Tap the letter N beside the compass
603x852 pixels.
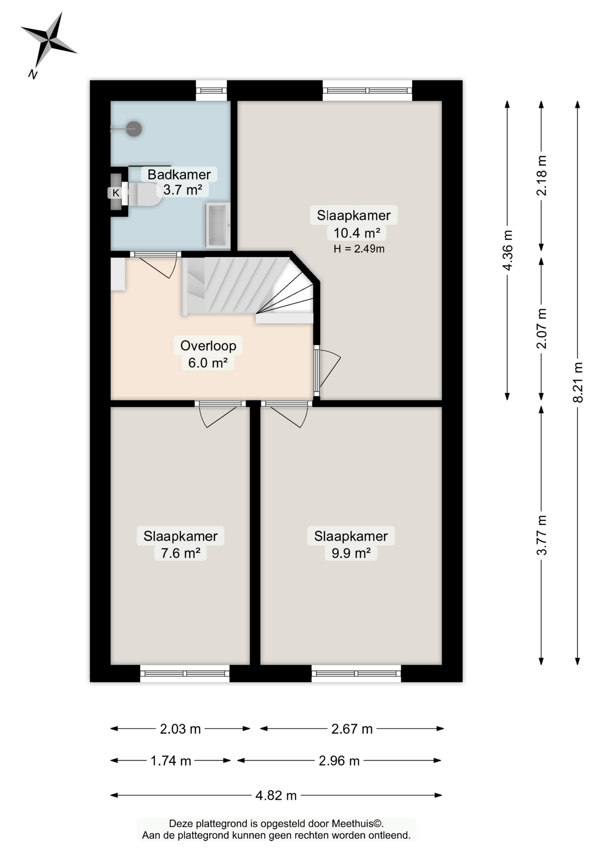32,74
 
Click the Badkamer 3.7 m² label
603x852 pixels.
179,182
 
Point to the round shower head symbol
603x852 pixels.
134,129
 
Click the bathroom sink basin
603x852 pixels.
218,225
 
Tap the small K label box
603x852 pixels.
115,193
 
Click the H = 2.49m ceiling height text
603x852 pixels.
359,249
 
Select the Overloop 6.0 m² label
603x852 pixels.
208,354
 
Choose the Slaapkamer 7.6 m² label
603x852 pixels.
180,544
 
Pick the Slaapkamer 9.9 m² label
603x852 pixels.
351,544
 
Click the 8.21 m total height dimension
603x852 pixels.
578,383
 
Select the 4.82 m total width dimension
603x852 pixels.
276,795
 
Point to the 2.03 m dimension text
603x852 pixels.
180,729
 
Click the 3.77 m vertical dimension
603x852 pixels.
542,535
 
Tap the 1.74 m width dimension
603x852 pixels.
171,761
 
